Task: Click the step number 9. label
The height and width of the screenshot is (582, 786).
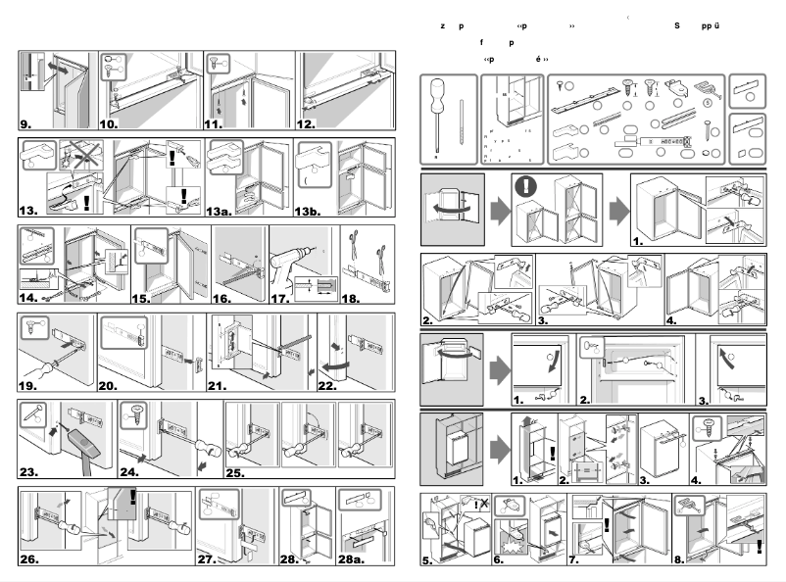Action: tap(25, 124)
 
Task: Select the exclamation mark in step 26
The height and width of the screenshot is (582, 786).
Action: tap(133, 500)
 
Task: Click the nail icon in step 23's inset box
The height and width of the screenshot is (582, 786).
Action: tap(28, 415)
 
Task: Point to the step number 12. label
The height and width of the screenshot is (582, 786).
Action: tap(308, 124)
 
